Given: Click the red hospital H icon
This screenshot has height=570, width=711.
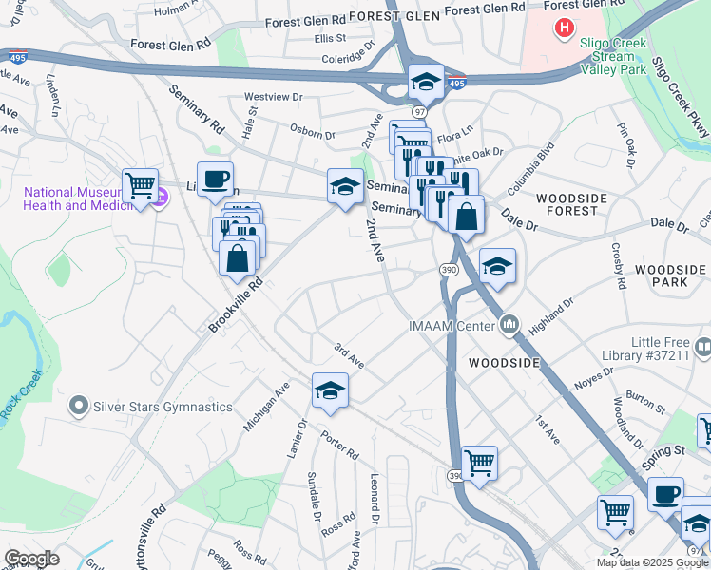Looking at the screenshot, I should click(x=565, y=28).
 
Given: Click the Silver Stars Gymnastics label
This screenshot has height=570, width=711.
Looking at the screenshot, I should click(x=162, y=407).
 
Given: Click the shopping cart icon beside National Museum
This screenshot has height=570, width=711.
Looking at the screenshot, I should click(x=140, y=184).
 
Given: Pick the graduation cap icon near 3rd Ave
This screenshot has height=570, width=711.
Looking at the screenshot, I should click(x=330, y=391).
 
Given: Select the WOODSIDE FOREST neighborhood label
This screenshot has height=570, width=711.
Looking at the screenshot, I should click(x=571, y=204).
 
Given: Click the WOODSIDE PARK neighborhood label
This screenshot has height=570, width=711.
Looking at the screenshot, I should click(x=670, y=276).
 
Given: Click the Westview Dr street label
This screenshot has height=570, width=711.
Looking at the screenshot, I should click(x=273, y=97).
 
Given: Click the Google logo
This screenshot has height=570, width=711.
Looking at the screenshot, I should click(x=31, y=559).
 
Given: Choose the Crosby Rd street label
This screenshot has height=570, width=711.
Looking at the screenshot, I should click(x=618, y=270).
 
